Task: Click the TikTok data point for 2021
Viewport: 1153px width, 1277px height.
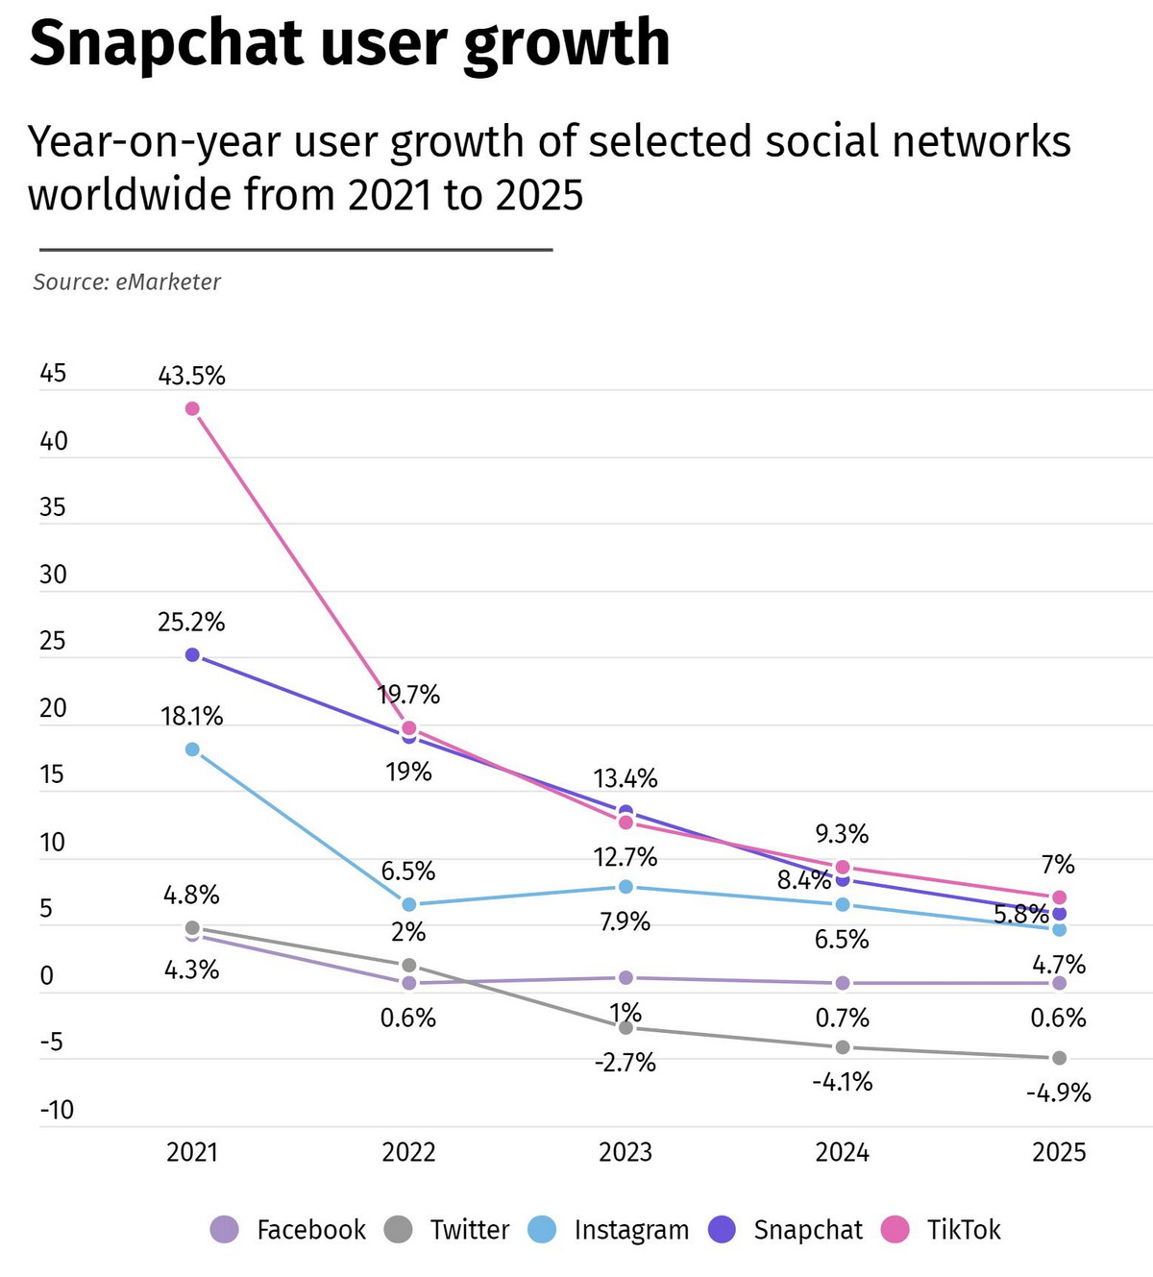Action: [x=192, y=408]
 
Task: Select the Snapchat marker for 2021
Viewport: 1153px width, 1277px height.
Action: [x=192, y=654]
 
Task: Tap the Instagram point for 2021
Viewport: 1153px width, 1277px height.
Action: [x=192, y=749]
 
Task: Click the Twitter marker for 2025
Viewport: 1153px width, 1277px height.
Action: [x=1059, y=1058]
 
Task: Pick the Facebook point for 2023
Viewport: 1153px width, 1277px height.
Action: [x=626, y=977]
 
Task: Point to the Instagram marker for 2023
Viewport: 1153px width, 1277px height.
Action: [x=626, y=886]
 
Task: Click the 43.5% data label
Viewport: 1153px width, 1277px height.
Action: [x=192, y=376]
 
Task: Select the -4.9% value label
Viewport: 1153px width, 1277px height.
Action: [x=1059, y=1093]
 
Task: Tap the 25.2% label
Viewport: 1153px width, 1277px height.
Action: [x=192, y=622]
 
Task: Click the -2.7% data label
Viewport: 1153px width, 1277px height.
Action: [x=626, y=1062]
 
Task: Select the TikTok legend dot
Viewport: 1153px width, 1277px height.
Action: [x=895, y=1229]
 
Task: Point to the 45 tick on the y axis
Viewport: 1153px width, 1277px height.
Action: [x=53, y=373]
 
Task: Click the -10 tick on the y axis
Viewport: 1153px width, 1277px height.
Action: [x=56, y=1110]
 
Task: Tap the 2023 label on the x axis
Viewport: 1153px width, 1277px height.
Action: [x=626, y=1152]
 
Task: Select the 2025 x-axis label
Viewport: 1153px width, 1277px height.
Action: [x=1059, y=1152]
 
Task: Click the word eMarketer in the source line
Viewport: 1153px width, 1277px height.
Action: [x=168, y=282]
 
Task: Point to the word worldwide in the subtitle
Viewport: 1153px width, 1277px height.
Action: [x=128, y=194]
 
